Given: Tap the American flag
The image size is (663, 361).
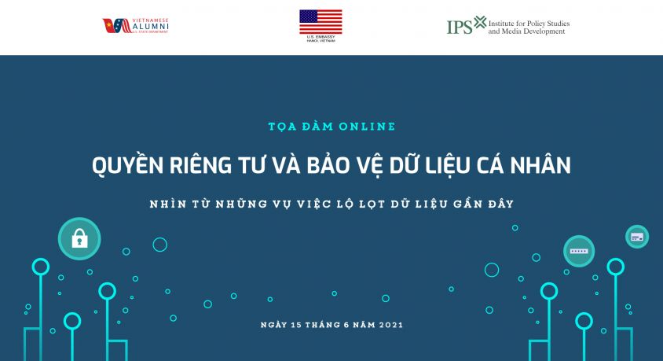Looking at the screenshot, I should pyautogui.click(x=321, y=21).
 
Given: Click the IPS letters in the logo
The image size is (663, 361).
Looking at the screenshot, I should pyautogui.click(x=460, y=27).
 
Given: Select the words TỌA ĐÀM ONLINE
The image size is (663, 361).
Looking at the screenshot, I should pyautogui.click(x=331, y=126).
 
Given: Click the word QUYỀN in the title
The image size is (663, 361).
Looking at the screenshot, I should pyautogui.click(x=124, y=166).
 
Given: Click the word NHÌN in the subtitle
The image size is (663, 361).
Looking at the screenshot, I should pyautogui.click(x=169, y=204).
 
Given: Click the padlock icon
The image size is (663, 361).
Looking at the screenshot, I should pyautogui.click(x=79, y=238).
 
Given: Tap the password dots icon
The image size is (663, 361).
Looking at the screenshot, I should pyautogui.click(x=579, y=250).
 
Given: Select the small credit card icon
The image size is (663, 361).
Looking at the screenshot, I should pyautogui.click(x=636, y=236).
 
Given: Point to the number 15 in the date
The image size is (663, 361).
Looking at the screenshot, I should pyautogui.click(x=296, y=324).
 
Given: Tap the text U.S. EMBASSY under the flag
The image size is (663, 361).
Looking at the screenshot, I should pyautogui.click(x=321, y=37).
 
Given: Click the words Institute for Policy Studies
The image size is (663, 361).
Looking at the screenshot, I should pyautogui.click(x=529, y=24).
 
